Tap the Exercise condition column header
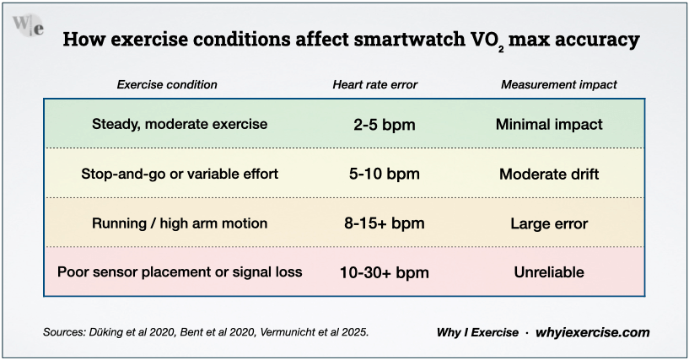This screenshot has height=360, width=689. [x=166, y=84]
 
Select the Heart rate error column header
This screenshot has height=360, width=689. [x=374, y=84]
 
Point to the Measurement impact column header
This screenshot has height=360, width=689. [x=558, y=84]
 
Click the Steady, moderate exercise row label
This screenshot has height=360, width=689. [x=180, y=124]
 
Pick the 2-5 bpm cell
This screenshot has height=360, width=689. [x=384, y=125]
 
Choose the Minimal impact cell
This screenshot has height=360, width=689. [x=549, y=125]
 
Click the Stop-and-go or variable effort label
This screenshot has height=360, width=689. [x=180, y=174]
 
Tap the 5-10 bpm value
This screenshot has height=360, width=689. [x=384, y=175]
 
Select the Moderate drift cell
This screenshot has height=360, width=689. [x=549, y=175]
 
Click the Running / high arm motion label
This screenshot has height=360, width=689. [x=180, y=223]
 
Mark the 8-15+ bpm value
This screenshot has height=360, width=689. [x=384, y=223]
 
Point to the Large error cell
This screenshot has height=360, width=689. [x=549, y=223]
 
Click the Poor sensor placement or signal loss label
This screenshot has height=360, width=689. [x=180, y=272]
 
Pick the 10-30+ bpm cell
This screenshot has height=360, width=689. [x=384, y=273]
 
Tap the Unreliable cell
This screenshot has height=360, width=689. [x=549, y=273]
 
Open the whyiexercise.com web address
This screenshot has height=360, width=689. [x=592, y=332]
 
